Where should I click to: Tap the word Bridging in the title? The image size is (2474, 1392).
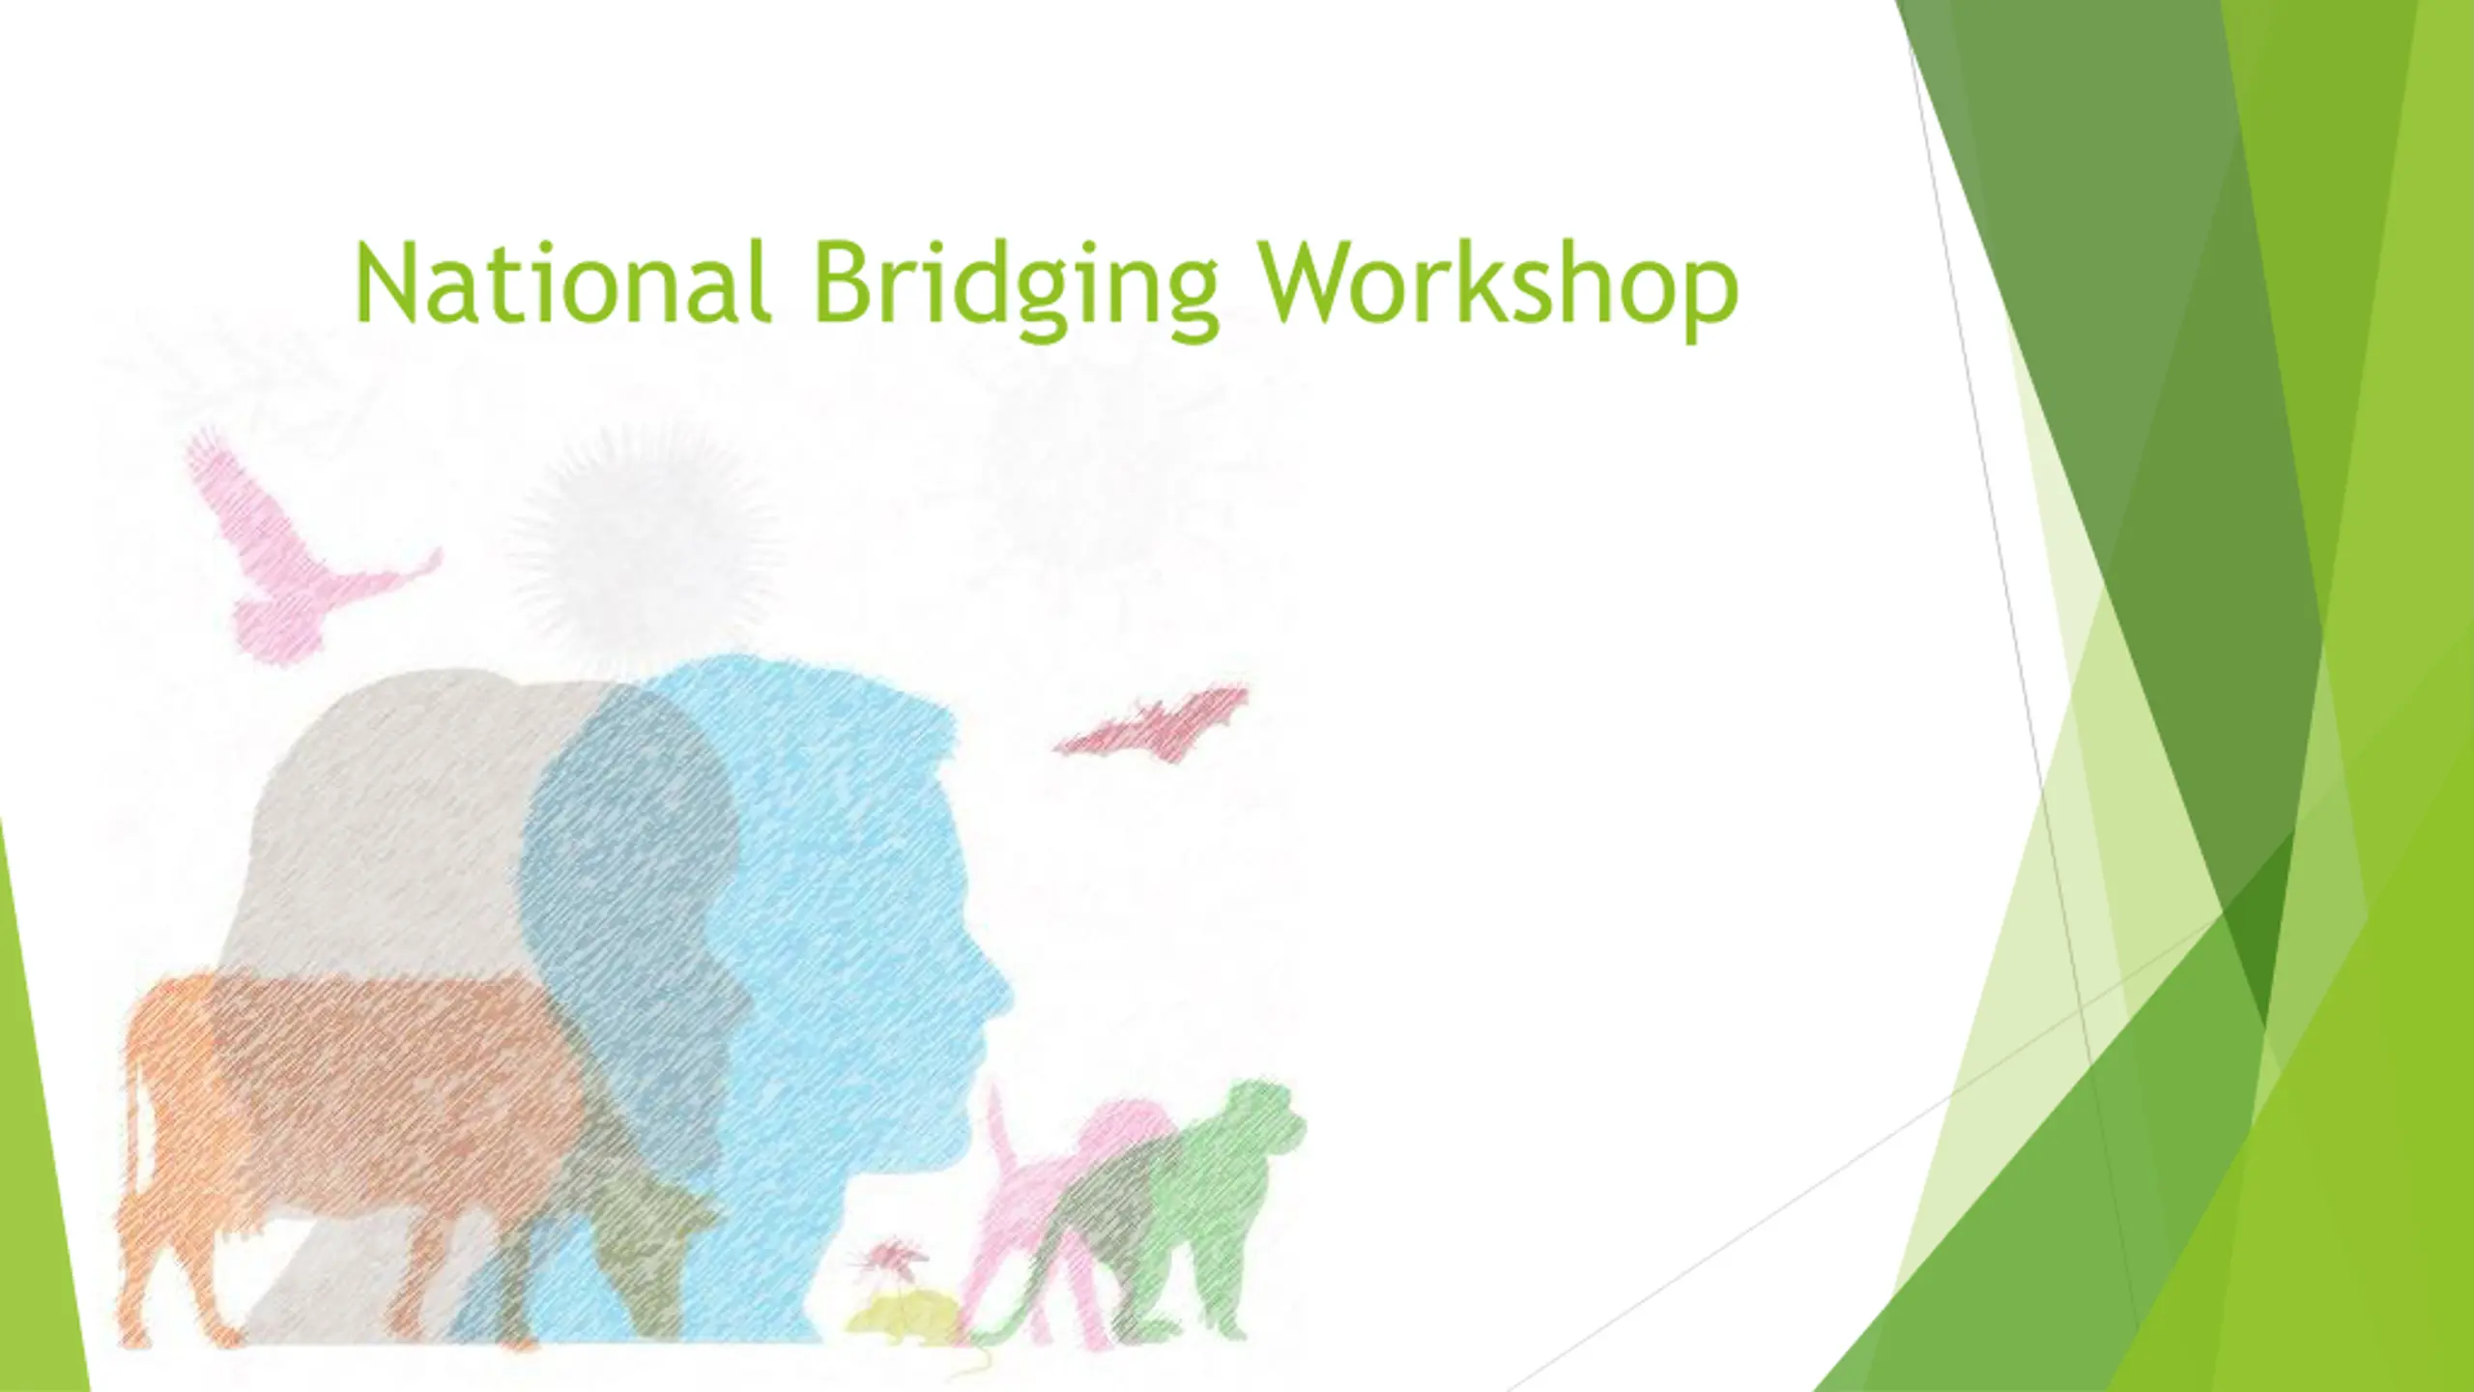pyautogui.click(x=1016, y=289)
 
